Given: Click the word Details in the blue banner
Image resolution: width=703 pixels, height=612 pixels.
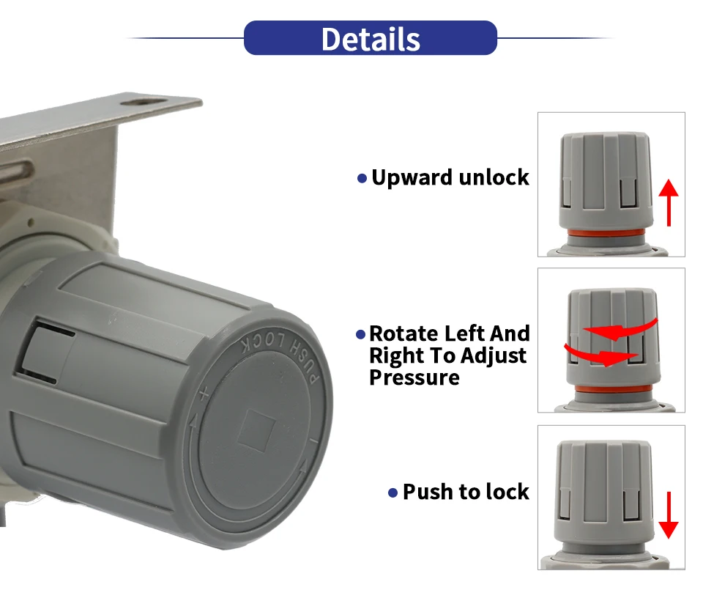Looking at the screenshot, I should (x=370, y=39).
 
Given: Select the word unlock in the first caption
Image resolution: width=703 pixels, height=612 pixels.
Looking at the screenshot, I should (x=493, y=177).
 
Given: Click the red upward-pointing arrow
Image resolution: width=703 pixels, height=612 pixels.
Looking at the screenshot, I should (x=668, y=202).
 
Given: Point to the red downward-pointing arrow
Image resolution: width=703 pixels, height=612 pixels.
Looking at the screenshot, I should (x=668, y=516).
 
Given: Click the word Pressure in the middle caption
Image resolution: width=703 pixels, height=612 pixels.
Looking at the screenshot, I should (x=414, y=378).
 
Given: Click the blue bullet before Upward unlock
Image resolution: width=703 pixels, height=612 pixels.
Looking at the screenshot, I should (x=361, y=179).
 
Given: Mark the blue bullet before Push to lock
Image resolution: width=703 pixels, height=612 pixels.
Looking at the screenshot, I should (x=393, y=493).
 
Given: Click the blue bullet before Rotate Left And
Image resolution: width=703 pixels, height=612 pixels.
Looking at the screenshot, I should (x=360, y=335).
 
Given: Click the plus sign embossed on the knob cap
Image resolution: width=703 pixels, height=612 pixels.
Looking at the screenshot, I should (x=204, y=396).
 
